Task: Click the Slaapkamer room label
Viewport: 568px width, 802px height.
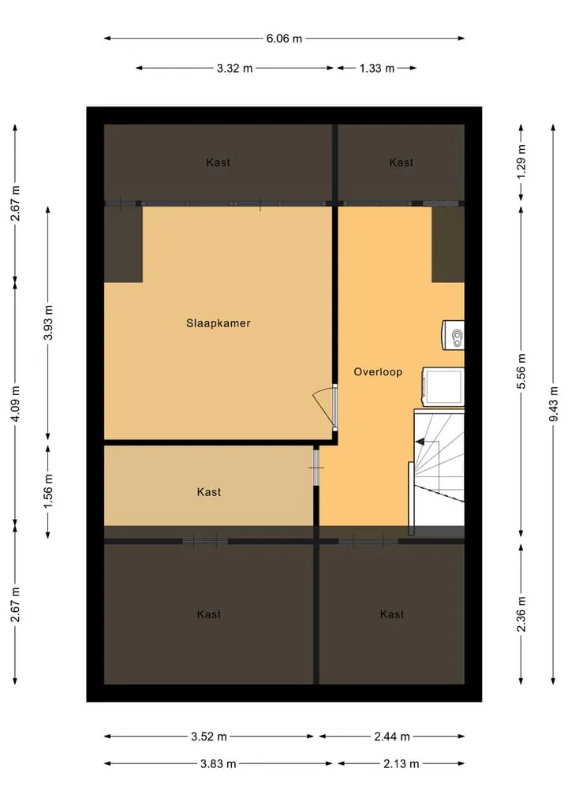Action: tap(218, 323)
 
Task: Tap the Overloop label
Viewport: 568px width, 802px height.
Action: tap(378, 372)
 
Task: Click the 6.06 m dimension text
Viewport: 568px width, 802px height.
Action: tap(284, 39)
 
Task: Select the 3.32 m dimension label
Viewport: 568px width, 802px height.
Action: tap(234, 68)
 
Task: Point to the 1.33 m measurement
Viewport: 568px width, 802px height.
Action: tap(376, 68)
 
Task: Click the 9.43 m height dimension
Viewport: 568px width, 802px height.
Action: tap(553, 404)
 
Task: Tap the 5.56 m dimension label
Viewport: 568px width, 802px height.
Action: tap(521, 371)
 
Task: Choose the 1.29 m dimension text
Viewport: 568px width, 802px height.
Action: tap(521, 162)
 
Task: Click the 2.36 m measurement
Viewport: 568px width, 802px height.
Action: tap(521, 614)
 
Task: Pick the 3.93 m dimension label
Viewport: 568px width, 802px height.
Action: tap(48, 323)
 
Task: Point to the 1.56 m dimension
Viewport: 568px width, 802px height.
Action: tap(48, 491)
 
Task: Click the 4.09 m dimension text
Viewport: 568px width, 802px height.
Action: tap(15, 404)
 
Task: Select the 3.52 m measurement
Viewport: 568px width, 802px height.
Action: tap(209, 737)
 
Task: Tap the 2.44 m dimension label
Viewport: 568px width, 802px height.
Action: tap(392, 737)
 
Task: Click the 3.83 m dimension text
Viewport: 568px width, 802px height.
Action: tap(218, 764)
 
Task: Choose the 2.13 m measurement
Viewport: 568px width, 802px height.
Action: tap(402, 764)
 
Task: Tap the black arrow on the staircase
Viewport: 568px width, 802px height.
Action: tap(420, 442)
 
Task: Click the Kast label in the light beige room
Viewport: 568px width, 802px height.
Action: tap(209, 492)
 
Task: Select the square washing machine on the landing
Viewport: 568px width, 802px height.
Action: tap(443, 386)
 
